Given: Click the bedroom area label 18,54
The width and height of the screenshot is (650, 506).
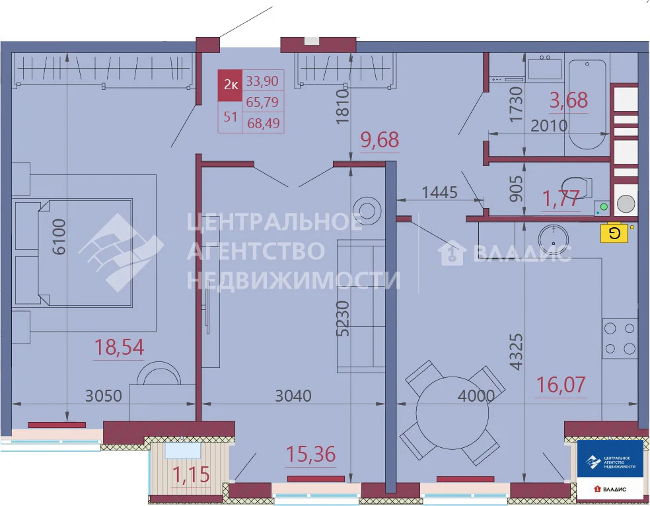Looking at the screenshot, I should point(120,347).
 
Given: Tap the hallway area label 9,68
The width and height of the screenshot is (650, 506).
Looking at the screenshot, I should point(380,140).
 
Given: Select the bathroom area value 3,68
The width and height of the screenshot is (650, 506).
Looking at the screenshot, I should point(569,100).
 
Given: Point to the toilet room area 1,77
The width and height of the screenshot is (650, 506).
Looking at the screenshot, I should point(561,198).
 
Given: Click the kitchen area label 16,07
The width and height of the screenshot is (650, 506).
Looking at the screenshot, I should point(561,384).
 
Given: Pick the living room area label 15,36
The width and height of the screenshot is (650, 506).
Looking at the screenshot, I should point(310,454).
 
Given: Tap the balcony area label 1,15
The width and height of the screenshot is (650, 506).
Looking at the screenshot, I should point(190,475).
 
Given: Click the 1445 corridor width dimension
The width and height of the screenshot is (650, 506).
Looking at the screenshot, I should point(439,193).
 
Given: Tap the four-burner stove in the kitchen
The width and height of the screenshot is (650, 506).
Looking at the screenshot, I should point(620,338).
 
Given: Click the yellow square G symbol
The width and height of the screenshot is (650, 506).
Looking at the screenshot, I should point(614,233).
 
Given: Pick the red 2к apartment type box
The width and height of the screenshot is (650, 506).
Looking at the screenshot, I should point(231,85).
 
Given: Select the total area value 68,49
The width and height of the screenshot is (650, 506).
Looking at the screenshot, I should point(263,122).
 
